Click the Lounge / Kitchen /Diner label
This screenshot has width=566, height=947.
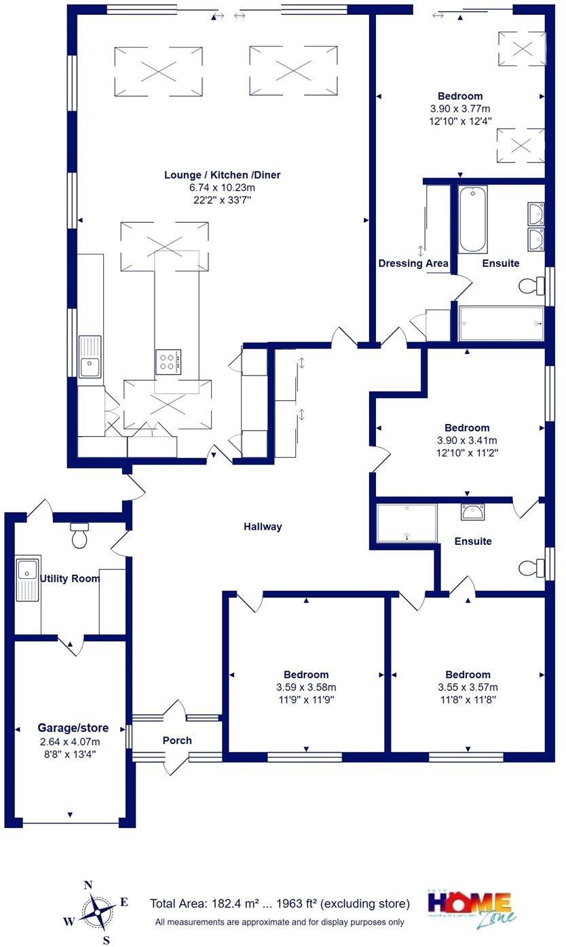[222, 175]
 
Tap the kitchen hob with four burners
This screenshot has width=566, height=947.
[168, 361]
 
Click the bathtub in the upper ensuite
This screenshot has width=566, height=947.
[472, 219]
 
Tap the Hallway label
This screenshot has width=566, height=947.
[263, 526]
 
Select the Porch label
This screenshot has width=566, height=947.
[177, 740]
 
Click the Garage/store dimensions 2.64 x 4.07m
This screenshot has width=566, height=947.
[73, 741]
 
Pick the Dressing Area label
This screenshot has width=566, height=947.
[413, 263]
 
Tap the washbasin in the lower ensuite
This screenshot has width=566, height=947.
[471, 512]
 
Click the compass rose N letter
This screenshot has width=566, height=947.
[88, 885]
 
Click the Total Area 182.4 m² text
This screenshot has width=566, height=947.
[280, 904]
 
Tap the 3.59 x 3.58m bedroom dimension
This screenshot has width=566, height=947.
[305, 687]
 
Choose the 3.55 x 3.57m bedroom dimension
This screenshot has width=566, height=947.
[468, 687]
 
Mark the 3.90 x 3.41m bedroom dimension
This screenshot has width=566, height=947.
[467, 440]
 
